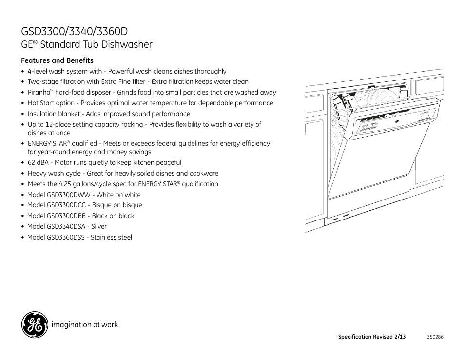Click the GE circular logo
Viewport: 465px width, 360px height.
(x=34, y=324)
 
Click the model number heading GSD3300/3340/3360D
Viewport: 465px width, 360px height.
(x=75, y=31)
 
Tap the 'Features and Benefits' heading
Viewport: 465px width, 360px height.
(x=57, y=60)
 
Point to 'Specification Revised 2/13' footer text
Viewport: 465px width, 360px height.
(x=371, y=337)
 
